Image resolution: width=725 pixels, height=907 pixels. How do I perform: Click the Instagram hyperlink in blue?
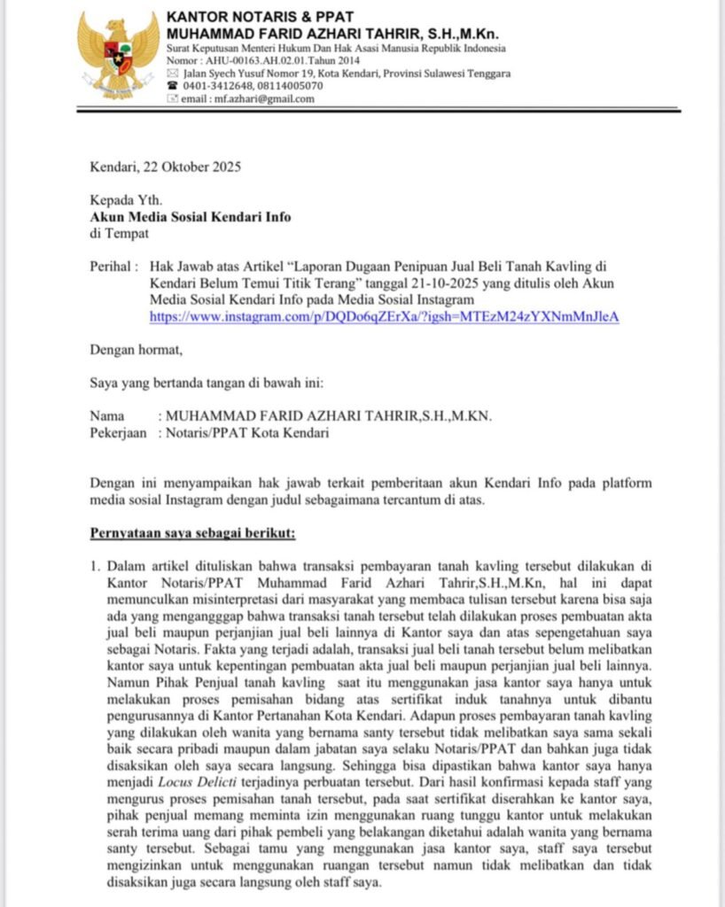384,316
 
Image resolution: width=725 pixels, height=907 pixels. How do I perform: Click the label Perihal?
113,267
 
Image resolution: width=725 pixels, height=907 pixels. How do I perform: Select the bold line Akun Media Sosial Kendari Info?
190,217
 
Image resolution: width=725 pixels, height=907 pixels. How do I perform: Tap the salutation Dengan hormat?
136,350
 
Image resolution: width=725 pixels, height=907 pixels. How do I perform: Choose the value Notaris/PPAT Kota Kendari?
243,434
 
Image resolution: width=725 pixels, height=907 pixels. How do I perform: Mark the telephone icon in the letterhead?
172,86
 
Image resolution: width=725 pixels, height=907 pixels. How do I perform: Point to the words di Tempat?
119,234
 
